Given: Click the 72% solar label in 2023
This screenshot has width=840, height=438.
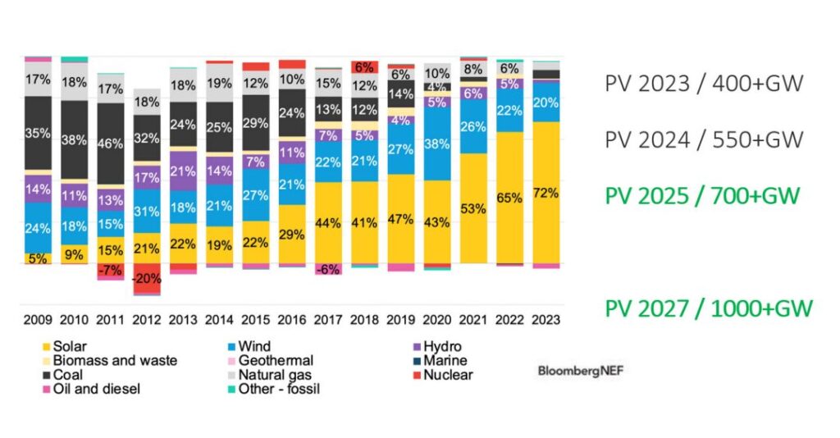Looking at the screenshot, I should (x=546, y=193).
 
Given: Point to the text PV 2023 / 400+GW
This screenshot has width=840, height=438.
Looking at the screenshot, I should (x=703, y=83).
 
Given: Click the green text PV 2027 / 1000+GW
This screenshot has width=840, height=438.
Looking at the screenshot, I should (x=709, y=308).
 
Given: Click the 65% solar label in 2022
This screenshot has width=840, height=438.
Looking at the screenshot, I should (x=509, y=198).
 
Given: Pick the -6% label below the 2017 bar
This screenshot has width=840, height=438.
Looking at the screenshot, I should (x=328, y=269).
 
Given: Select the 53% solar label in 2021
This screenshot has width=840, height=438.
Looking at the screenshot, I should (x=473, y=208).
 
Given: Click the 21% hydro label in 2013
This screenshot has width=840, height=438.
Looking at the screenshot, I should (x=183, y=171).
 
